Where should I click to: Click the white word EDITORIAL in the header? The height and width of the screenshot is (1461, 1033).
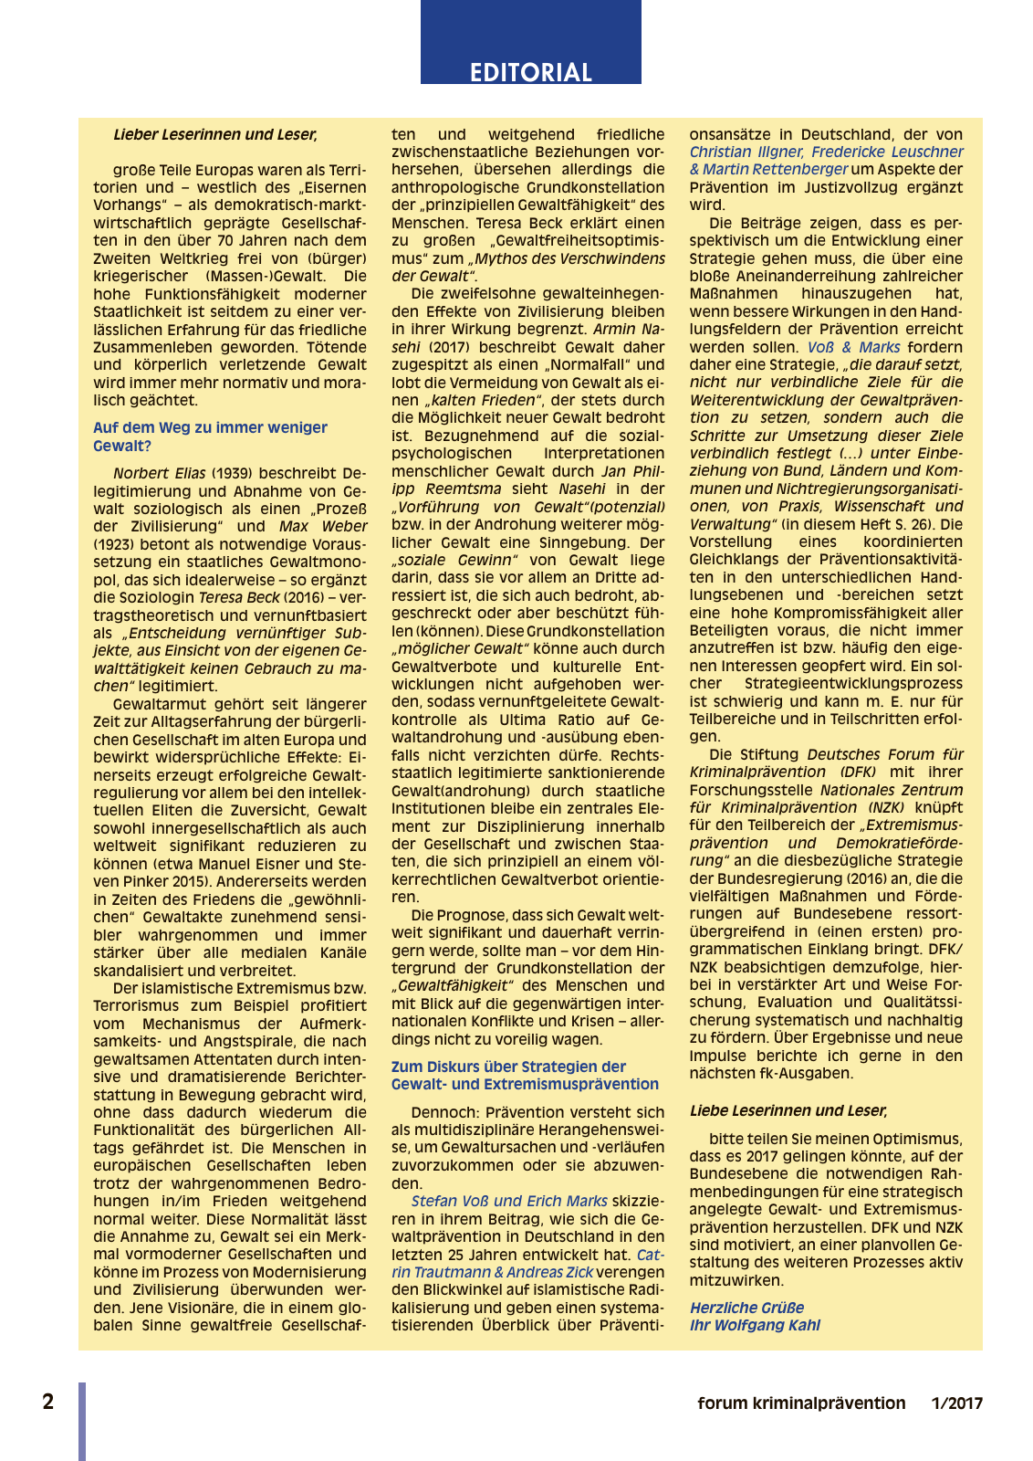(x=530, y=72)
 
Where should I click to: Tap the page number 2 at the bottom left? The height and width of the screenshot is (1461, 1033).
(x=48, y=1402)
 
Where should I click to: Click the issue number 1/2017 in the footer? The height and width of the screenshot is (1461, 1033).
(x=957, y=1403)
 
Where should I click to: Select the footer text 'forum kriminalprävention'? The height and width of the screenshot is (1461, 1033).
(x=801, y=1403)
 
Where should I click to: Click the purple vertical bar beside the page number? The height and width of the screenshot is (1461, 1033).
(x=82, y=1420)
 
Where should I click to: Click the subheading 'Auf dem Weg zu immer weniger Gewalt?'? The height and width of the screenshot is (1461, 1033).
(x=210, y=436)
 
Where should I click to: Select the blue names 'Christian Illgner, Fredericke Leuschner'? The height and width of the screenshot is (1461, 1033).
(x=826, y=152)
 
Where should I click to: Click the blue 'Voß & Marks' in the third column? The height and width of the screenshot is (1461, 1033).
(x=853, y=347)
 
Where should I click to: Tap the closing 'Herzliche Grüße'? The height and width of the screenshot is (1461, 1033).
(x=746, y=1308)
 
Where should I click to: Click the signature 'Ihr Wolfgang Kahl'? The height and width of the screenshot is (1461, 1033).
(x=755, y=1325)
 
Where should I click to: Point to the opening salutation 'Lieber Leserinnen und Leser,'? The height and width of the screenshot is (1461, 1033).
(x=215, y=134)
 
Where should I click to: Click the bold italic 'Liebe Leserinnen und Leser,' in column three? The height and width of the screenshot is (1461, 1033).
(x=788, y=1110)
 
